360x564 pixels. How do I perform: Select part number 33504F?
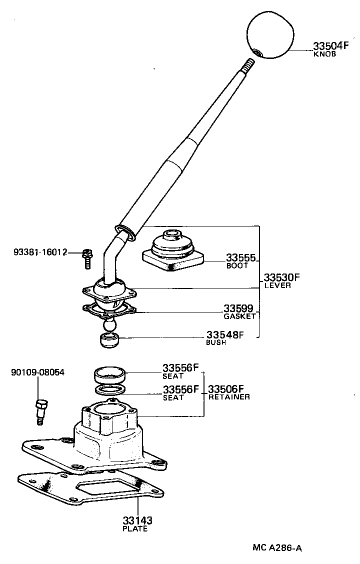click(x=330, y=46)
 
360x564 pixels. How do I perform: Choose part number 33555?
click(x=240, y=258)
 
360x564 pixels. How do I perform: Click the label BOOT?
click(x=237, y=266)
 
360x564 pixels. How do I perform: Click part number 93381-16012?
click(x=40, y=252)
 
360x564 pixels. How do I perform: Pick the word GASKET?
click(x=239, y=316)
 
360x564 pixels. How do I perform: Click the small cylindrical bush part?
click(x=109, y=341)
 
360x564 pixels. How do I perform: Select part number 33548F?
click(x=225, y=335)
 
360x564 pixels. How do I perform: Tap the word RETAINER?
click(x=229, y=397)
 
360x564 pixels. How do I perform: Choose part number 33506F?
click(x=226, y=389)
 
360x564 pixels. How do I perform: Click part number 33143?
click(x=137, y=520)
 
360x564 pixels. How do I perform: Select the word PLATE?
click(x=135, y=528)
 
